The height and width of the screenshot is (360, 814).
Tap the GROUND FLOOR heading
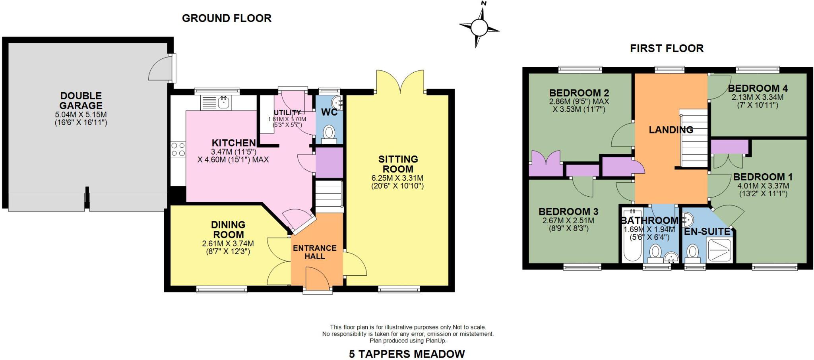click(x=227, y=18)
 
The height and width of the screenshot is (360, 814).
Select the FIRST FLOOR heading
click(x=667, y=48)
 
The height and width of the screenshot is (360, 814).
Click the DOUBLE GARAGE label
click(x=81, y=101)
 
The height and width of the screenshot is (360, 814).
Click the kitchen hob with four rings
click(x=178, y=149)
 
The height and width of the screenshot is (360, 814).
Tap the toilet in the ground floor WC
click(x=329, y=132)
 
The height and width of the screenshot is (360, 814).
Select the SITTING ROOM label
click(x=398, y=164)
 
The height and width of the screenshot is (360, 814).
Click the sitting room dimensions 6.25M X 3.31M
click(x=397, y=178)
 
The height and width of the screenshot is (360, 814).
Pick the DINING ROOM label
click(x=228, y=230)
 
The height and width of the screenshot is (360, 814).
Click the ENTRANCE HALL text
click(x=315, y=252)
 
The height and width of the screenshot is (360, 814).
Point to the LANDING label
click(x=671, y=130)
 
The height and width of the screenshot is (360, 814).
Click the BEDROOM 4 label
click(x=758, y=88)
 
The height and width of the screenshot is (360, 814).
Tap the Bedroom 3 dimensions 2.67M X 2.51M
click(x=568, y=221)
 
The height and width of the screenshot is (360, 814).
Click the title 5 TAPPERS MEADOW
click(x=407, y=354)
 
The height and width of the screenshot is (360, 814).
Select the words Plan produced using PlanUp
click(x=408, y=341)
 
